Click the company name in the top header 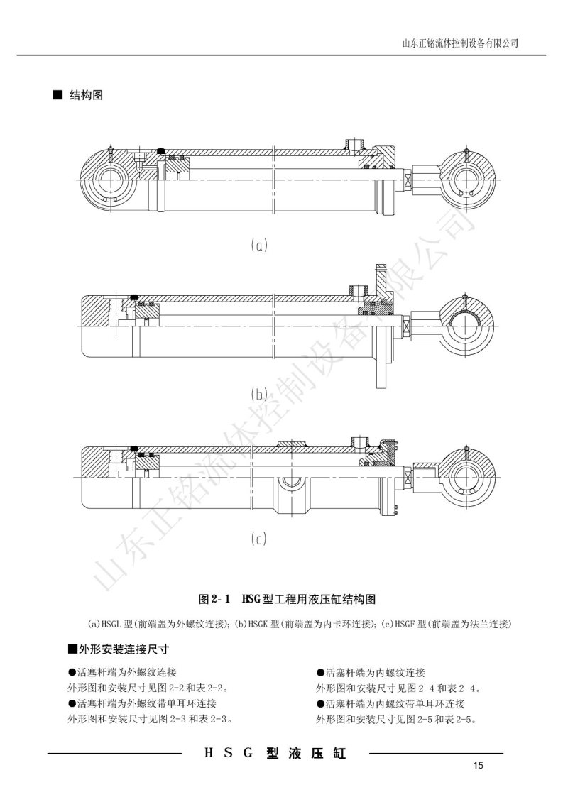[460, 43]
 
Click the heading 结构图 [86, 94]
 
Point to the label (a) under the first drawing [259, 246]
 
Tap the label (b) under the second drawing [259, 394]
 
